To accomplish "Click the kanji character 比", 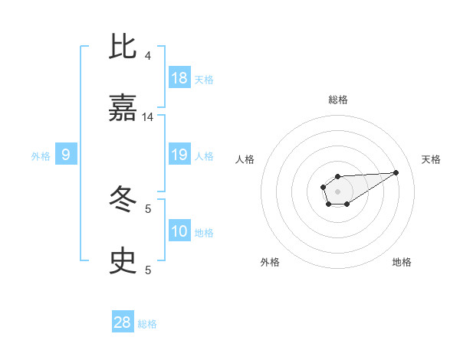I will point(123,47).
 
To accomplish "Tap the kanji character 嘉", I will point(123,110).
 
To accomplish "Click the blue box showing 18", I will point(179,78).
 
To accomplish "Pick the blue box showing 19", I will point(179,155).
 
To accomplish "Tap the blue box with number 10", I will point(179,231).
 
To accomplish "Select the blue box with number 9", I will point(66,155).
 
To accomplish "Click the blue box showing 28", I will point(123,322).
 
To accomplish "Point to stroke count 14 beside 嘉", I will point(148,117).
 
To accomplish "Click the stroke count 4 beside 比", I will point(148,56).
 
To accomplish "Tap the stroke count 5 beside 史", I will point(148,270).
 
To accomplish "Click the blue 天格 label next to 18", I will point(204,79).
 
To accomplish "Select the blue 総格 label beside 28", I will point(147,323).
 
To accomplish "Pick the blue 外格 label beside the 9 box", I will point(41,155).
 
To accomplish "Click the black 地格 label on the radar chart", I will point(402,262).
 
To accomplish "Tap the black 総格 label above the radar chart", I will point(338,100).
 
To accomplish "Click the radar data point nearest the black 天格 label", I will point(396,172).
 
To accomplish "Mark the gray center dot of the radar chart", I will point(338,191).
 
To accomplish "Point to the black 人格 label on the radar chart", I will point(245,159).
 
